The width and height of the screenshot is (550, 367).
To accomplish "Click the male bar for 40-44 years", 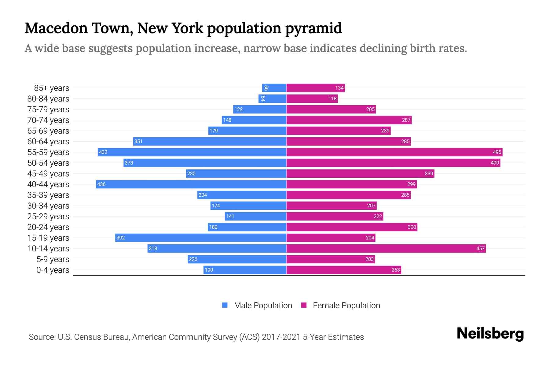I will click(191, 184).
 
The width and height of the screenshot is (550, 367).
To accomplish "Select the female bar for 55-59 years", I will click(394, 152).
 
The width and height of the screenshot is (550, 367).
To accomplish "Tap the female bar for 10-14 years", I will click(386, 248).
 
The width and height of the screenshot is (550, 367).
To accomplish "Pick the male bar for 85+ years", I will click(274, 88).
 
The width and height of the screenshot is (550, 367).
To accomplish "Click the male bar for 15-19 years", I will click(201, 238).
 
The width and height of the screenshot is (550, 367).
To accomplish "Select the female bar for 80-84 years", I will click(312, 98).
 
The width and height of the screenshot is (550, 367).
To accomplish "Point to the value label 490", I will click(495, 163).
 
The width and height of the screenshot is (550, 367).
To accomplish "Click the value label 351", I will click(138, 141).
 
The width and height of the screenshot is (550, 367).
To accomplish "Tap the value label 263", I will click(396, 270).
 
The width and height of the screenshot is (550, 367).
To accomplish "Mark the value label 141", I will click(230, 216).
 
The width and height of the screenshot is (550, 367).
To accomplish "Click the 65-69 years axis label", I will click(48, 131).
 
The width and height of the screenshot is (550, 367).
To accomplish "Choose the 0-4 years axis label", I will click(53, 270).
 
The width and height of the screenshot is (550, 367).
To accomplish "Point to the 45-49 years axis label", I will click(48, 174).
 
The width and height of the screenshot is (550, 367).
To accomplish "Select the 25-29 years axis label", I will click(48, 217).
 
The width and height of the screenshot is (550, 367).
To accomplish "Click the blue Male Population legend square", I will click(225, 305).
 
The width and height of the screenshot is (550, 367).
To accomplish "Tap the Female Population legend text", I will click(346, 305).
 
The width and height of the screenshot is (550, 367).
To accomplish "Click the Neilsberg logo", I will click(490, 334).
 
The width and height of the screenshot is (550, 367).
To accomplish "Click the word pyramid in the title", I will click(313, 28).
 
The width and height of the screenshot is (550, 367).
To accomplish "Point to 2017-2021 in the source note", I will click(281, 337).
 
